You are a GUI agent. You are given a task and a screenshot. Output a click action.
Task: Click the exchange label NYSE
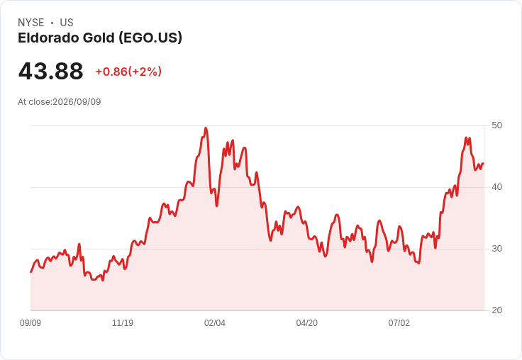tap(31, 23)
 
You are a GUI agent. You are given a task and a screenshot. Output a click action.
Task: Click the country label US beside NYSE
tap(67, 23)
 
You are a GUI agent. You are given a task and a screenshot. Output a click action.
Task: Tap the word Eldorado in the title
tap(48, 38)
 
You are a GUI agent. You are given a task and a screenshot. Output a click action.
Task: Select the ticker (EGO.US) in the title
tap(150, 38)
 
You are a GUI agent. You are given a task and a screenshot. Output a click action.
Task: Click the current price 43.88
tap(50, 71)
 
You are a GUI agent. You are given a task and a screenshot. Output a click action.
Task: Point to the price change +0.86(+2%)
tap(128, 72)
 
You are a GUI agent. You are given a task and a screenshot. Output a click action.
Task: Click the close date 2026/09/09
tap(77, 102)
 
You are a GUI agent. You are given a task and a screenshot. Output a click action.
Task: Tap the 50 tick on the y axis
tap(496, 125)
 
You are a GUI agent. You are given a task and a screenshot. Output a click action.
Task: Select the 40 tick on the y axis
tap(496, 187)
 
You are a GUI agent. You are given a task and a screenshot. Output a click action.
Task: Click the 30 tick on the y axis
tap(496, 249)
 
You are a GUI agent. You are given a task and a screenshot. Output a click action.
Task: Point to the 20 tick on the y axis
tap(496, 310)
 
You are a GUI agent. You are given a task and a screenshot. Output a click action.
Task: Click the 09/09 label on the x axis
tap(30, 322)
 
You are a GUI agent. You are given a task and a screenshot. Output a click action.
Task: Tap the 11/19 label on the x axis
tap(123, 322)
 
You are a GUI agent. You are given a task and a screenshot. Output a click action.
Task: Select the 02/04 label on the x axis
tap(215, 322)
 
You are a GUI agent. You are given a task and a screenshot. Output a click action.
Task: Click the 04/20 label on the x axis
tap(307, 322)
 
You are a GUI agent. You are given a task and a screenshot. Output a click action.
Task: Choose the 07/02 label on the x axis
tap(399, 322)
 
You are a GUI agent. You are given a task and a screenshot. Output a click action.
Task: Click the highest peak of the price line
tap(206, 128)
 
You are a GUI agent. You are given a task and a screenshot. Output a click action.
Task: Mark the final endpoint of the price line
tap(484, 164)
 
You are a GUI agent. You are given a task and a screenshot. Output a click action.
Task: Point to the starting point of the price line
tap(30, 272)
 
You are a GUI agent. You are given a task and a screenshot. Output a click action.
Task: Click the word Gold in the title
tap(99, 38)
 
